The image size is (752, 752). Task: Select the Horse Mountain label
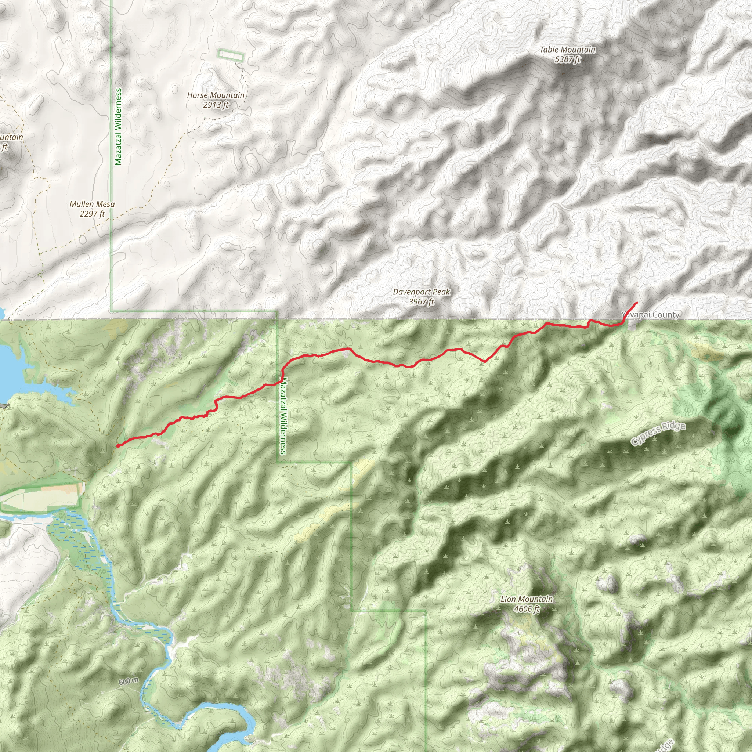click(216, 95)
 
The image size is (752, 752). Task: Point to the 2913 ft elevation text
click(216, 105)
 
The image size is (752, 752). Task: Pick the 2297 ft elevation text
click(92, 214)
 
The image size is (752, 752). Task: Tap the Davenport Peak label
click(422, 292)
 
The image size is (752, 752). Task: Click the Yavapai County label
click(650, 315)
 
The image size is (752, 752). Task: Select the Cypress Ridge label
click(658, 433)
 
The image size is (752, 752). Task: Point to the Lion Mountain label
click(527, 599)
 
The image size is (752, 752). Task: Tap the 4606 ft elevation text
click(527, 609)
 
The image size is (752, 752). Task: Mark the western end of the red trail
click(117, 446)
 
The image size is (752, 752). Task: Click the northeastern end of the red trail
click(637, 303)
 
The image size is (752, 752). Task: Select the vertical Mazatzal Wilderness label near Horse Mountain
click(119, 127)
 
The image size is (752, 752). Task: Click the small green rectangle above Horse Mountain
click(231, 56)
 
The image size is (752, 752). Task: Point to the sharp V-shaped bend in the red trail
click(484, 362)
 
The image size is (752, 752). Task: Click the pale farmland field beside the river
click(43, 498)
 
